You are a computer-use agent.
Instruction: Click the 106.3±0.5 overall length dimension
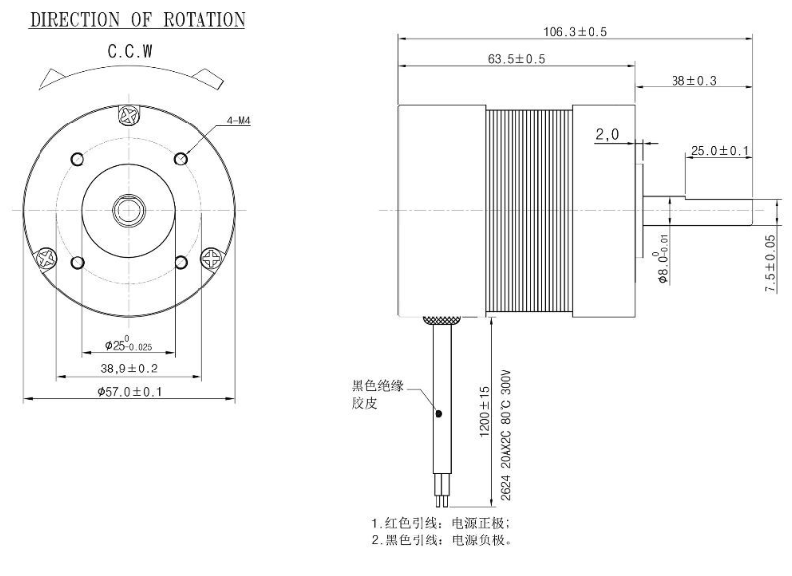575,32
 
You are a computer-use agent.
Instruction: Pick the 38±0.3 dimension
693,80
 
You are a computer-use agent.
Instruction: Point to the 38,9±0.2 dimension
128,368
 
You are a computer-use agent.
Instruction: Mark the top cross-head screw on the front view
128,116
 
